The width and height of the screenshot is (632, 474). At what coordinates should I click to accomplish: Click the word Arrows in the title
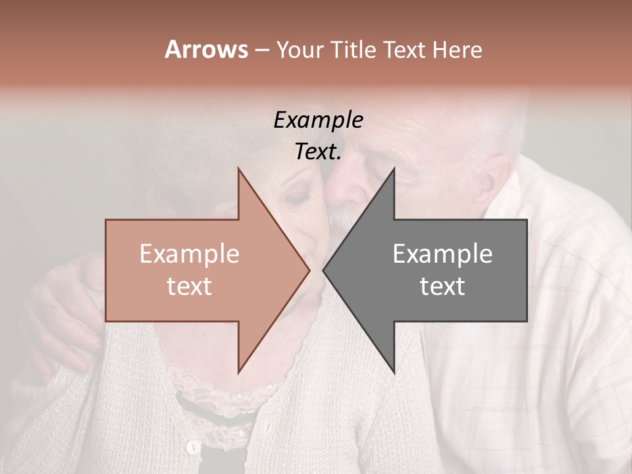coord(206,49)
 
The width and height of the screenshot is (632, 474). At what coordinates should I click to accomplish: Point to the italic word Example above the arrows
coord(318,120)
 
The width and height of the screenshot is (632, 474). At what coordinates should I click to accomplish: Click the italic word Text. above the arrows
coord(318,152)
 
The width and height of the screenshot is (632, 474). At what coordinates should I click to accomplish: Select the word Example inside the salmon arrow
coord(190,254)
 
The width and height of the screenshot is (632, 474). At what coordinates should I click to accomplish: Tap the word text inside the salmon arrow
coord(190,286)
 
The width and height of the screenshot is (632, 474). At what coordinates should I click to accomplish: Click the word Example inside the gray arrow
coord(442,254)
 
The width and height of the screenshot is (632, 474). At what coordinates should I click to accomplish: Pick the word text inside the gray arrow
coord(442,286)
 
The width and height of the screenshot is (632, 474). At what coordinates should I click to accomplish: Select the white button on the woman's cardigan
coord(193,448)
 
